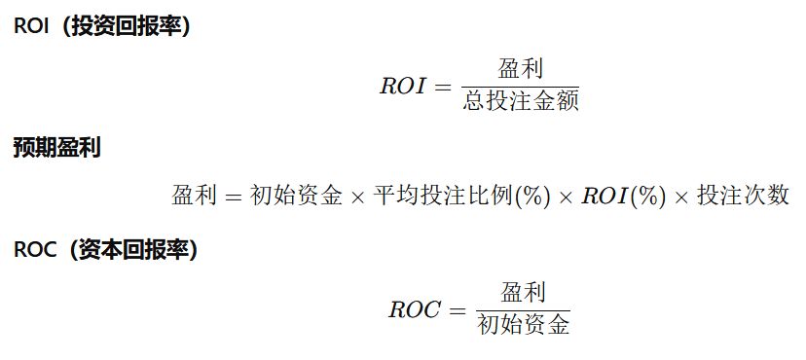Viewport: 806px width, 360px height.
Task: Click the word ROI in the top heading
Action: pyautogui.click(x=31, y=26)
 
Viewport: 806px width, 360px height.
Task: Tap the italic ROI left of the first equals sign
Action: pyautogui.click(x=403, y=87)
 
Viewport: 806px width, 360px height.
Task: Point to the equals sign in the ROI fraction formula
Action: pyautogui.click(x=443, y=87)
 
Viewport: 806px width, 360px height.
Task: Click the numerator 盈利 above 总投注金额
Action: pyautogui.click(x=520, y=68)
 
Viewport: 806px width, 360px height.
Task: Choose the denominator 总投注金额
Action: pyautogui.click(x=520, y=100)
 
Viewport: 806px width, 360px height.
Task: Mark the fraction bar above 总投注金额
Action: pyautogui.click(x=520, y=87)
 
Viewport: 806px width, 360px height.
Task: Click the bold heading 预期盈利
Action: pyautogui.click(x=56, y=148)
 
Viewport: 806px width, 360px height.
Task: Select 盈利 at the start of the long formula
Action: pyautogui.click(x=194, y=196)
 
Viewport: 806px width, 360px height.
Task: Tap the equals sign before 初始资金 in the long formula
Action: pyautogui.click(x=233, y=197)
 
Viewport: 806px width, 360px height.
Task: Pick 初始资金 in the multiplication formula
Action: pyautogui.click(x=296, y=196)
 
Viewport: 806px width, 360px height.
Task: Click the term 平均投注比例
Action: pyautogui.click(x=443, y=196)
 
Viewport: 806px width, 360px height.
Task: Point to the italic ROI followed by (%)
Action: pyautogui.click(x=604, y=196)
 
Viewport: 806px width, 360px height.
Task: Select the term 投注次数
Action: pyautogui.click(x=743, y=196)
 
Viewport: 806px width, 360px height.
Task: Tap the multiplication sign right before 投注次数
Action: pyautogui.click(x=681, y=198)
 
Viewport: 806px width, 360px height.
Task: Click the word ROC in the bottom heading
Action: pyautogui.click(x=35, y=250)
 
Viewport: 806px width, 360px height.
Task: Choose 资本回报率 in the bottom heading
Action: pyautogui.click(x=132, y=250)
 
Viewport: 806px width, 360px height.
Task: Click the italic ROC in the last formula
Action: pyautogui.click(x=415, y=310)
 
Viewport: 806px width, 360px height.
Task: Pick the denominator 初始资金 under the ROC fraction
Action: pyautogui.click(x=524, y=325)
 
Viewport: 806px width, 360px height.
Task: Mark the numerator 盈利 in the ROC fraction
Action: pyautogui.click(x=524, y=292)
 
